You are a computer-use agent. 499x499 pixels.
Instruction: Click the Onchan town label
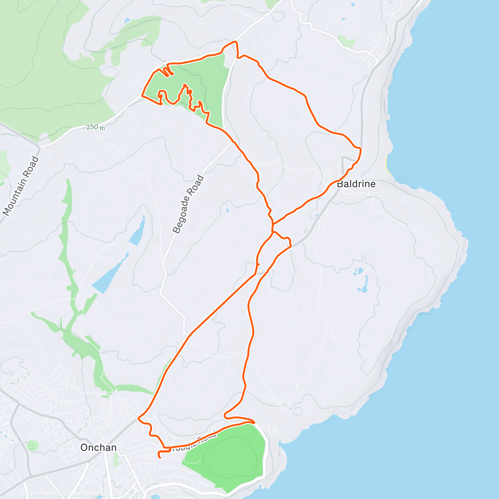click(x=98, y=447)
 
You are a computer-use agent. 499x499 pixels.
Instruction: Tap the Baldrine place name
click(x=356, y=184)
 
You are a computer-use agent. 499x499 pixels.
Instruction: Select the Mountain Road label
click(x=20, y=186)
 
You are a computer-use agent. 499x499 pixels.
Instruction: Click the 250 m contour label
click(x=96, y=127)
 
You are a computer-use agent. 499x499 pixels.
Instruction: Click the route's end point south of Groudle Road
click(x=160, y=457)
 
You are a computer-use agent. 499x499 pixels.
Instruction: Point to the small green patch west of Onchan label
click(x=32, y=445)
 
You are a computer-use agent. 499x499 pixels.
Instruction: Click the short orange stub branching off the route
click(x=258, y=264)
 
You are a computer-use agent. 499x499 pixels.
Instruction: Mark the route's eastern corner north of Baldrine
click(x=360, y=148)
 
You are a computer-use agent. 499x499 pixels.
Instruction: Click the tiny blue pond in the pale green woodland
click(x=126, y=20)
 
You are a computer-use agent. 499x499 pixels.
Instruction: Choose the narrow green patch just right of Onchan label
click(x=116, y=460)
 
